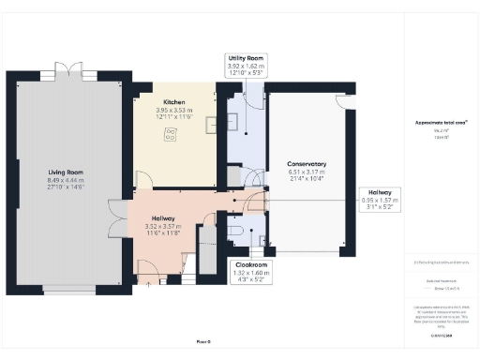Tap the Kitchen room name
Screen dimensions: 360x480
pyautogui.click(x=172, y=102)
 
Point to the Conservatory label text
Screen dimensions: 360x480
pyautogui.click(x=307, y=164)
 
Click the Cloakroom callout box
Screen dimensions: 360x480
pyautogui.click(x=248, y=271)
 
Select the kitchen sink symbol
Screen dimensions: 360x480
pyautogui.click(x=211, y=122)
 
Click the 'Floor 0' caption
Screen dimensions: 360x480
pyautogui.click(x=204, y=342)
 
